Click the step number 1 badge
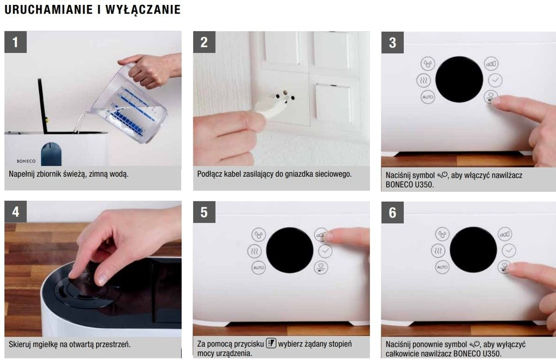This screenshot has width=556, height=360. pos(15,42)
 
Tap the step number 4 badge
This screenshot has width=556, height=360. pos(15,212)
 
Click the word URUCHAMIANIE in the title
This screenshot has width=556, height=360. pos(49,10)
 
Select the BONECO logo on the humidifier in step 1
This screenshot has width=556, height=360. pos(26,161)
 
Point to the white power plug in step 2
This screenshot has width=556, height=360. pos(272,106)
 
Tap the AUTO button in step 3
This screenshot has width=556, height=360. pos(428,97)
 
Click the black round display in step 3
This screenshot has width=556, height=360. pos(459,80)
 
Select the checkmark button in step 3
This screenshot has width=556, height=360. pos(495,80)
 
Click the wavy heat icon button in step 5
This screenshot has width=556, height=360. pos(254,251)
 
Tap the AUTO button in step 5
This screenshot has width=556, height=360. pos(259,267)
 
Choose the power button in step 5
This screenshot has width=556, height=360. pos(321,267)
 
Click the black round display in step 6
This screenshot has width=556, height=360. pos(473,250)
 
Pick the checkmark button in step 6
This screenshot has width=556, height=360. pos(509,250)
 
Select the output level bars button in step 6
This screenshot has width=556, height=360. pos(505,234)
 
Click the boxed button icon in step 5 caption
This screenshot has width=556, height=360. pos(271,343)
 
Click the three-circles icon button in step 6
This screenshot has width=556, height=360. pos(442,234)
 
